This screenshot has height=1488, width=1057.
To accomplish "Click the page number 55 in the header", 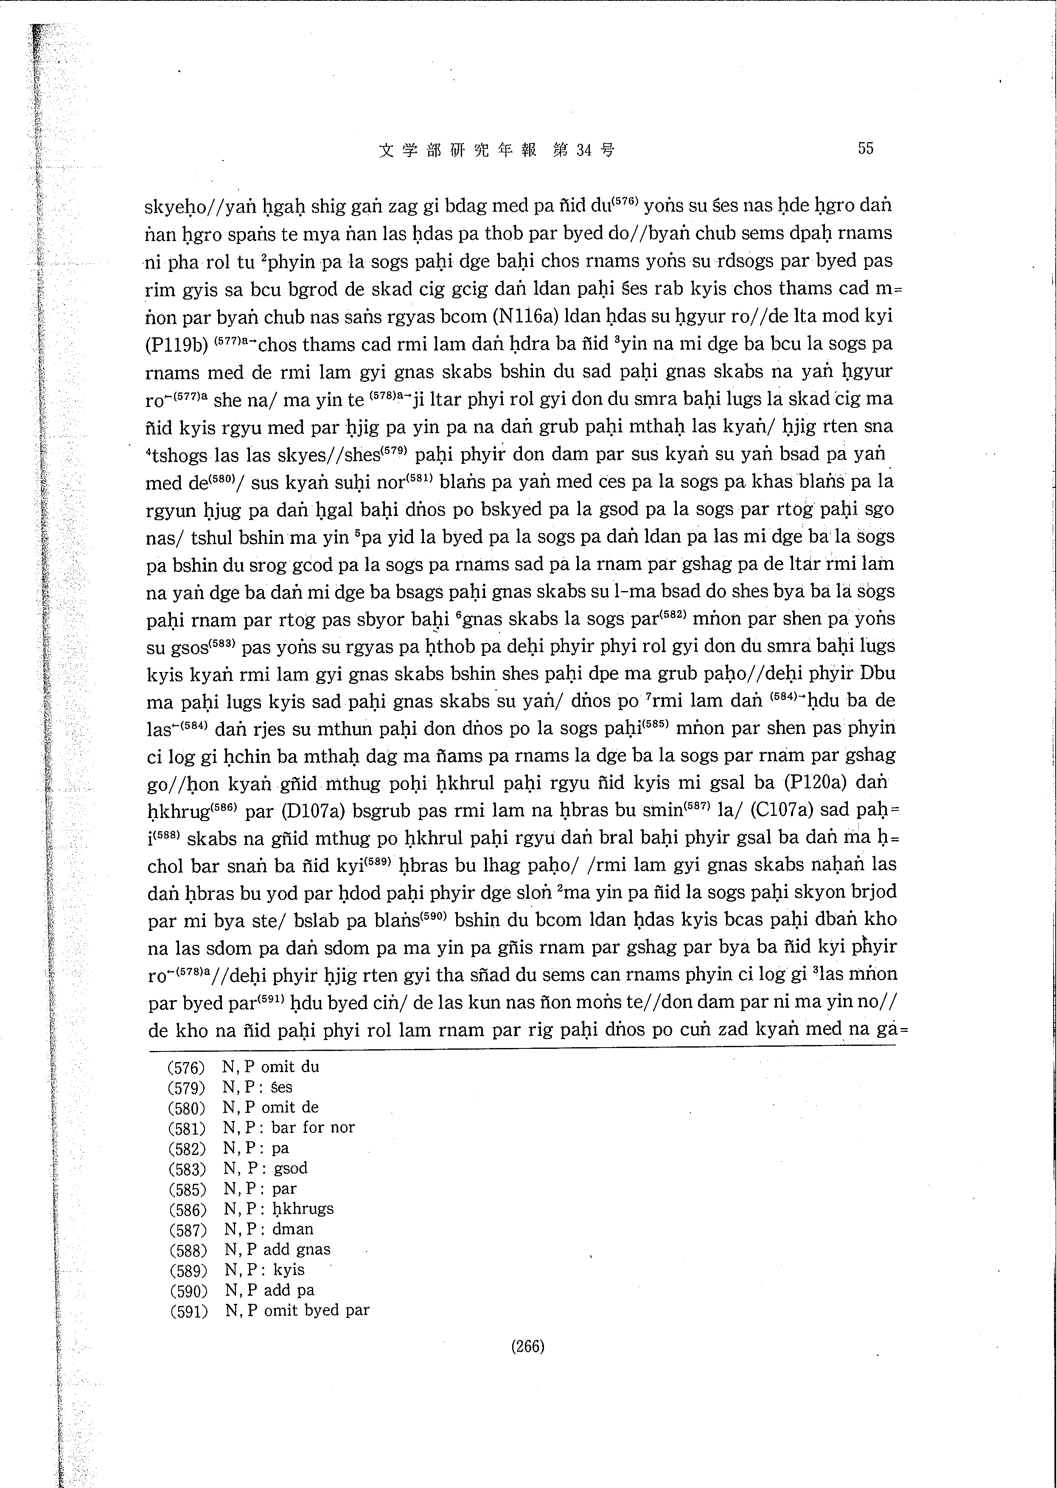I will [865, 149].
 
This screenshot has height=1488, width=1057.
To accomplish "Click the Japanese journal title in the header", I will [496, 150].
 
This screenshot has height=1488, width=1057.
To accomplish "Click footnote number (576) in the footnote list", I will [186, 1068].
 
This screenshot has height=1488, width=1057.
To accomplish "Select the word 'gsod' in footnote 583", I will [290, 1168].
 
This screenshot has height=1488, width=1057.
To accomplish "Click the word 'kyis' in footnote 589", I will [289, 1269].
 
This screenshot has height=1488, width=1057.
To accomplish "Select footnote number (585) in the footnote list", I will [187, 1189].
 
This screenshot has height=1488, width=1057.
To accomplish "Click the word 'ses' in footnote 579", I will [282, 1087].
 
